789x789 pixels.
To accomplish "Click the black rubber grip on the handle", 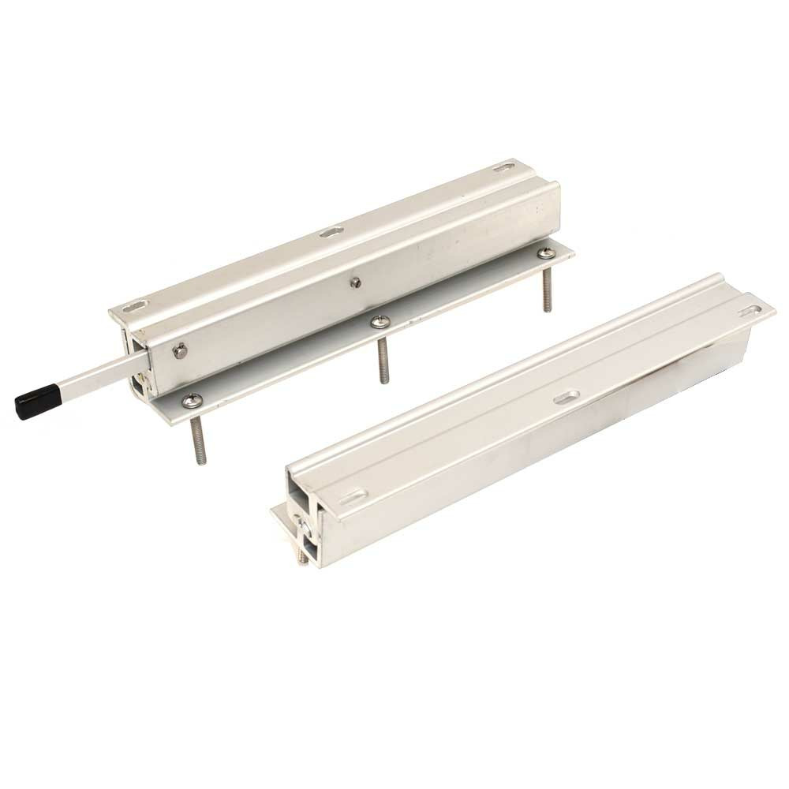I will tap(37, 401).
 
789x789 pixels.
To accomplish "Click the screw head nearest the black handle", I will tap(189, 402).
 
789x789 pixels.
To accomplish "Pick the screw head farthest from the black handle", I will tap(545, 252).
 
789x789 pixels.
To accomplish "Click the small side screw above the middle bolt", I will tap(357, 282).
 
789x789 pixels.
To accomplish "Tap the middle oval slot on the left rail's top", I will tap(331, 232).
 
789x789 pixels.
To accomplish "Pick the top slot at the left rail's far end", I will tap(502, 167).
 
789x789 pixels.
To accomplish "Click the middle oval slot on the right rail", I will tap(566, 397).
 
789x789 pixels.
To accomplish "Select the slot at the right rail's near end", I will tap(353, 497).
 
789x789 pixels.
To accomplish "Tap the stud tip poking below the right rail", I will tap(300, 558).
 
